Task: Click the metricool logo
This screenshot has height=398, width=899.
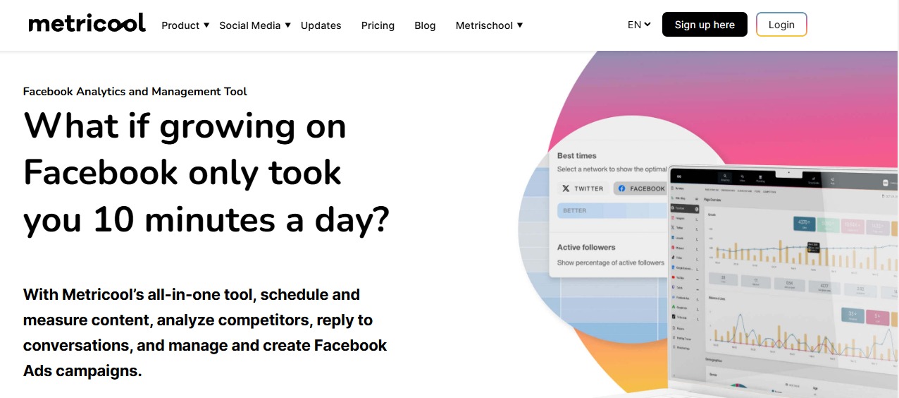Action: coord(87,23)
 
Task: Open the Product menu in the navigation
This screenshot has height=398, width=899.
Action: coord(185,25)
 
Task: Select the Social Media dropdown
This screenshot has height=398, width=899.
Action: coord(254,25)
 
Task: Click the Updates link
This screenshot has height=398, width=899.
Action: coord(321,25)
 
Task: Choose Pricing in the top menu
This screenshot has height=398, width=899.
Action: coord(378,25)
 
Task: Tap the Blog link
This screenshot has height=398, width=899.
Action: coord(425,25)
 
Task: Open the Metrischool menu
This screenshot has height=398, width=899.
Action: coord(489,25)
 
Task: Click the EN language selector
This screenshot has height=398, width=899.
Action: coord(639,25)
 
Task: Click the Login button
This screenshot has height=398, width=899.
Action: coord(781,25)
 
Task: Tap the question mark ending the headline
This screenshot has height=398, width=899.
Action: coord(380,220)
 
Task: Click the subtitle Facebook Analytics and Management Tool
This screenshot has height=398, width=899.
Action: coord(135,92)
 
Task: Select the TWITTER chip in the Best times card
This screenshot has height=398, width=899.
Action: coord(583,188)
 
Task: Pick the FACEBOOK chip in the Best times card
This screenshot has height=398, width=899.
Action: coord(641,188)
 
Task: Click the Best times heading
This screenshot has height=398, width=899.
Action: coord(576,155)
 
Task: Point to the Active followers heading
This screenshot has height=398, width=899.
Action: coord(586,247)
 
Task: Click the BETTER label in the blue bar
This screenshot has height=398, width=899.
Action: coord(574,210)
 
